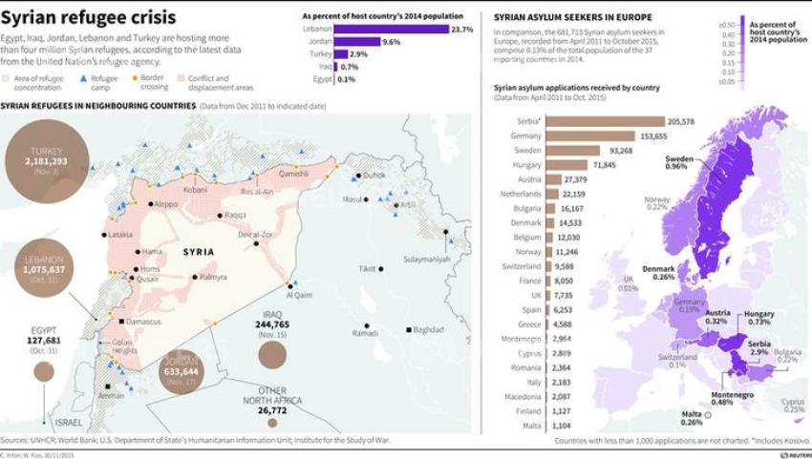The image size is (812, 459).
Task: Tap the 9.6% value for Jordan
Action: [391, 43]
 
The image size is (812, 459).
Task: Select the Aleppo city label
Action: [166, 203]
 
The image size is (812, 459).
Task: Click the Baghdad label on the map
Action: [430, 329]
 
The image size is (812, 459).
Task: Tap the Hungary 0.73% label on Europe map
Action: [759, 318]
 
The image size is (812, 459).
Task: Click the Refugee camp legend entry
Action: [103, 79]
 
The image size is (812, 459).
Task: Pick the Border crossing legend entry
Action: [151, 79]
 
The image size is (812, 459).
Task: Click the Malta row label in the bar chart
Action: [532, 425]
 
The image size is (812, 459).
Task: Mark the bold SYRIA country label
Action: [200, 251]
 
